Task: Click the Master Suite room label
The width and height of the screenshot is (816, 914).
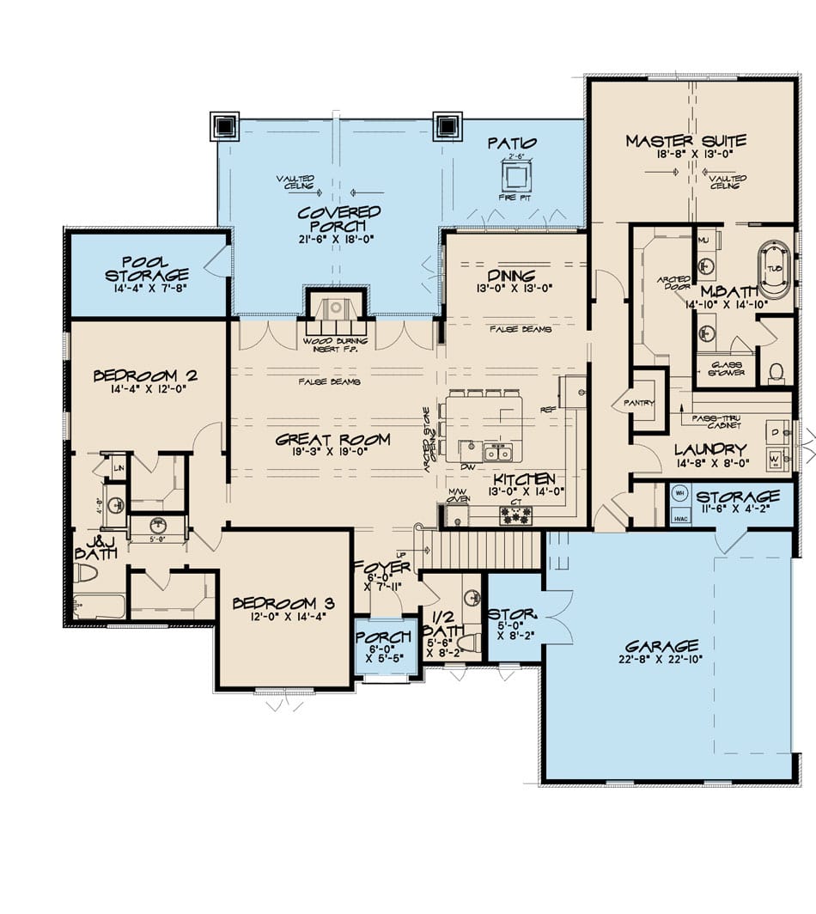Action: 685,141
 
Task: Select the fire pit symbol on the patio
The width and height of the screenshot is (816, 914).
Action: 515,177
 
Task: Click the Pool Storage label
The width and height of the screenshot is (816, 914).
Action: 147,268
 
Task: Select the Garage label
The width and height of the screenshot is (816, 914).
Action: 661,645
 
